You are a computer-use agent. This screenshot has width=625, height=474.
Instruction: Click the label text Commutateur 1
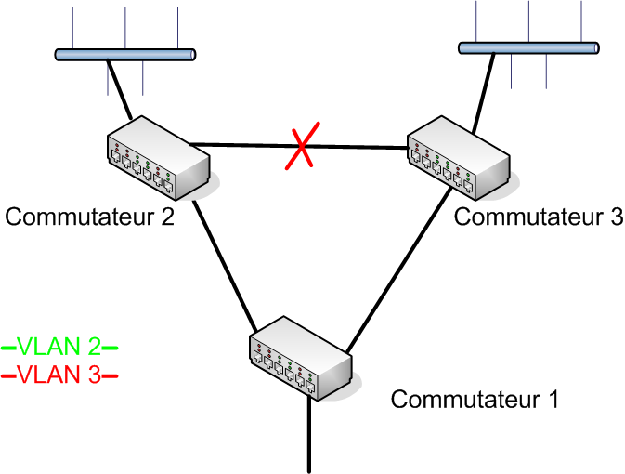click(x=475, y=401)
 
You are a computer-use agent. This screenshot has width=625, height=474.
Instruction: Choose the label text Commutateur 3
click(x=538, y=217)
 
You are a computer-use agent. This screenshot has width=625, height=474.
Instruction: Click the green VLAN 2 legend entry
click(x=60, y=348)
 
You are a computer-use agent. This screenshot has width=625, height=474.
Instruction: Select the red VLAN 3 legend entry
click(x=60, y=375)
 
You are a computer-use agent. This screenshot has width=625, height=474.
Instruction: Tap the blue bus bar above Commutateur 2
click(x=124, y=55)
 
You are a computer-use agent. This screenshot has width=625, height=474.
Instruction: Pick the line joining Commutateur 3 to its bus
click(x=481, y=89)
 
